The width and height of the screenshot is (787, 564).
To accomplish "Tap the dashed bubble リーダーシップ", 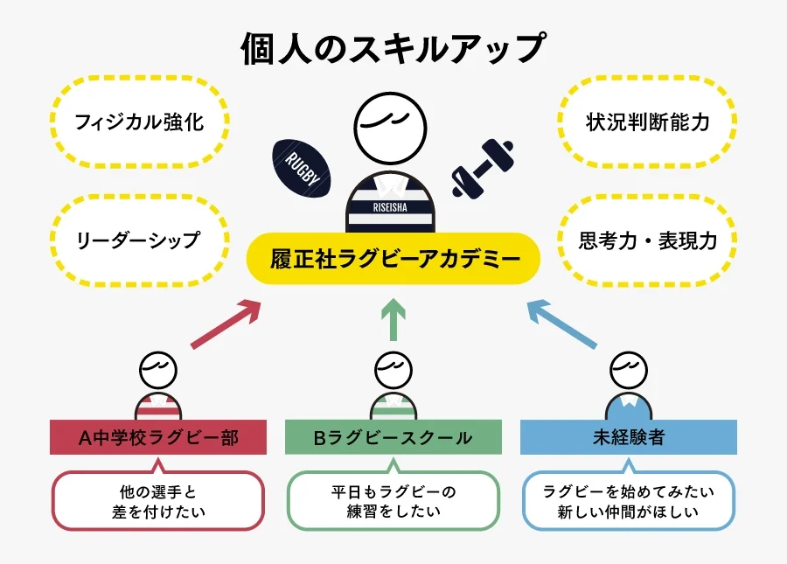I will point(139,240).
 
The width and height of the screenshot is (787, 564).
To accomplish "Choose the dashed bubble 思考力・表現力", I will point(647,240).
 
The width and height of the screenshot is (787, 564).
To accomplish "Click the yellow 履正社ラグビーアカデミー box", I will point(393,259).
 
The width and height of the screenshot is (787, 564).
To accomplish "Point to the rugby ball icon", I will point(302,169).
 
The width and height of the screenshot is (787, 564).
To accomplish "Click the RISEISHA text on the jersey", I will point(393,208).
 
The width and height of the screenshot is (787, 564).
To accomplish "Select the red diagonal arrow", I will point(226,324).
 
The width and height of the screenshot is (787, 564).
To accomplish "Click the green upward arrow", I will point(393,320).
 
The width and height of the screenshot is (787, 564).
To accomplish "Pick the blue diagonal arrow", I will point(562,324).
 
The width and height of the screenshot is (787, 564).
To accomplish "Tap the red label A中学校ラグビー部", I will point(157,437).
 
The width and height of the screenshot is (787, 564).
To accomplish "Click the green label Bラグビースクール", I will point(393,437).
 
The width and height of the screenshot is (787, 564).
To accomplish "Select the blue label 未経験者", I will point(628,437).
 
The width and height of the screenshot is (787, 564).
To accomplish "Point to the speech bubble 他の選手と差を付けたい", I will point(157,501).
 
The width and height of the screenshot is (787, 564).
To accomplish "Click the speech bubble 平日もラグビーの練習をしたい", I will point(393,501).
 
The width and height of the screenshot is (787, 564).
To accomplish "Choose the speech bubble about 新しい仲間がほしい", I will point(628,501).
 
